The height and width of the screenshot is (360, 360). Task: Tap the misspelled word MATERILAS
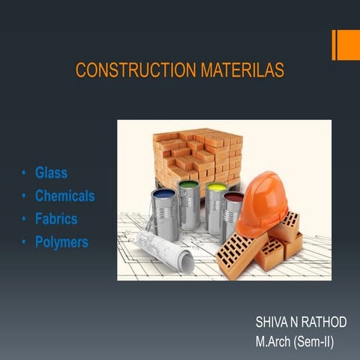pyautogui.click(x=242, y=71)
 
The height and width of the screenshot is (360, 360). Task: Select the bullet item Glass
pyautogui.click(x=51, y=173)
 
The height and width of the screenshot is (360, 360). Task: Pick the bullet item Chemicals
pyautogui.click(x=64, y=196)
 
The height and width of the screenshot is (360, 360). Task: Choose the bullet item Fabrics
pyautogui.click(x=56, y=220)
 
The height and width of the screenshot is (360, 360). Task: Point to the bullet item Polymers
pyautogui.click(x=61, y=243)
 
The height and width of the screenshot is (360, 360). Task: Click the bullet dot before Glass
pyautogui.click(x=24, y=173)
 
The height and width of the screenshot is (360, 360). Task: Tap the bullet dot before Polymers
pyautogui.click(x=24, y=243)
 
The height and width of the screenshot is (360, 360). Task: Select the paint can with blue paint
pyautogui.click(x=164, y=213)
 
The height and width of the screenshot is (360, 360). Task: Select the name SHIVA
pyautogui.click(x=270, y=322)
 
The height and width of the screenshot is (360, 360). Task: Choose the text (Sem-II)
pyautogui.click(x=315, y=342)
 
